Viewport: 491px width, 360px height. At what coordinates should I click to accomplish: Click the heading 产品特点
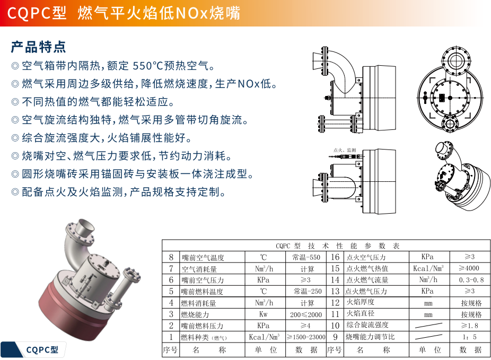(x=38, y=47)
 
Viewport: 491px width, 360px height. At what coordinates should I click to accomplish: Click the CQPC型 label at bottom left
(x=42, y=350)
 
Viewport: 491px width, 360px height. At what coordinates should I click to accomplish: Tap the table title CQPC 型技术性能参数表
(x=338, y=245)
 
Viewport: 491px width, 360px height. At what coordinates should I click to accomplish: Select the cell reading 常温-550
(x=306, y=257)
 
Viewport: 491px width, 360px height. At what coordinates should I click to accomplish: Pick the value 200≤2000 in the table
(x=306, y=314)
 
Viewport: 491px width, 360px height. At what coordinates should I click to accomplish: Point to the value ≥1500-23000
(x=306, y=337)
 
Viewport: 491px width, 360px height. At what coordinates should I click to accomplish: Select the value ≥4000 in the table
(x=469, y=268)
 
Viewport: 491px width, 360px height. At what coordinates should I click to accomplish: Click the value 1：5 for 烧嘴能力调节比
(x=469, y=337)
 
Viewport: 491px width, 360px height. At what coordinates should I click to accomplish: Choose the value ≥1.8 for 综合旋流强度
(x=469, y=326)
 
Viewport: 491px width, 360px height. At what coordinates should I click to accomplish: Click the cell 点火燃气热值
(x=367, y=268)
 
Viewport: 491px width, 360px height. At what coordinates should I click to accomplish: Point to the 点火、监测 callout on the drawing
(x=345, y=150)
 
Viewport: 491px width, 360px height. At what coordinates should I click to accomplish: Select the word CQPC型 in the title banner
(x=37, y=13)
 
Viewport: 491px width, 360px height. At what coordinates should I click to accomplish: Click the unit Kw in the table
(x=263, y=314)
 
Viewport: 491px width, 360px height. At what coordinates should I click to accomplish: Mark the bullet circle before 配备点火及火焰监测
(x=15, y=191)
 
